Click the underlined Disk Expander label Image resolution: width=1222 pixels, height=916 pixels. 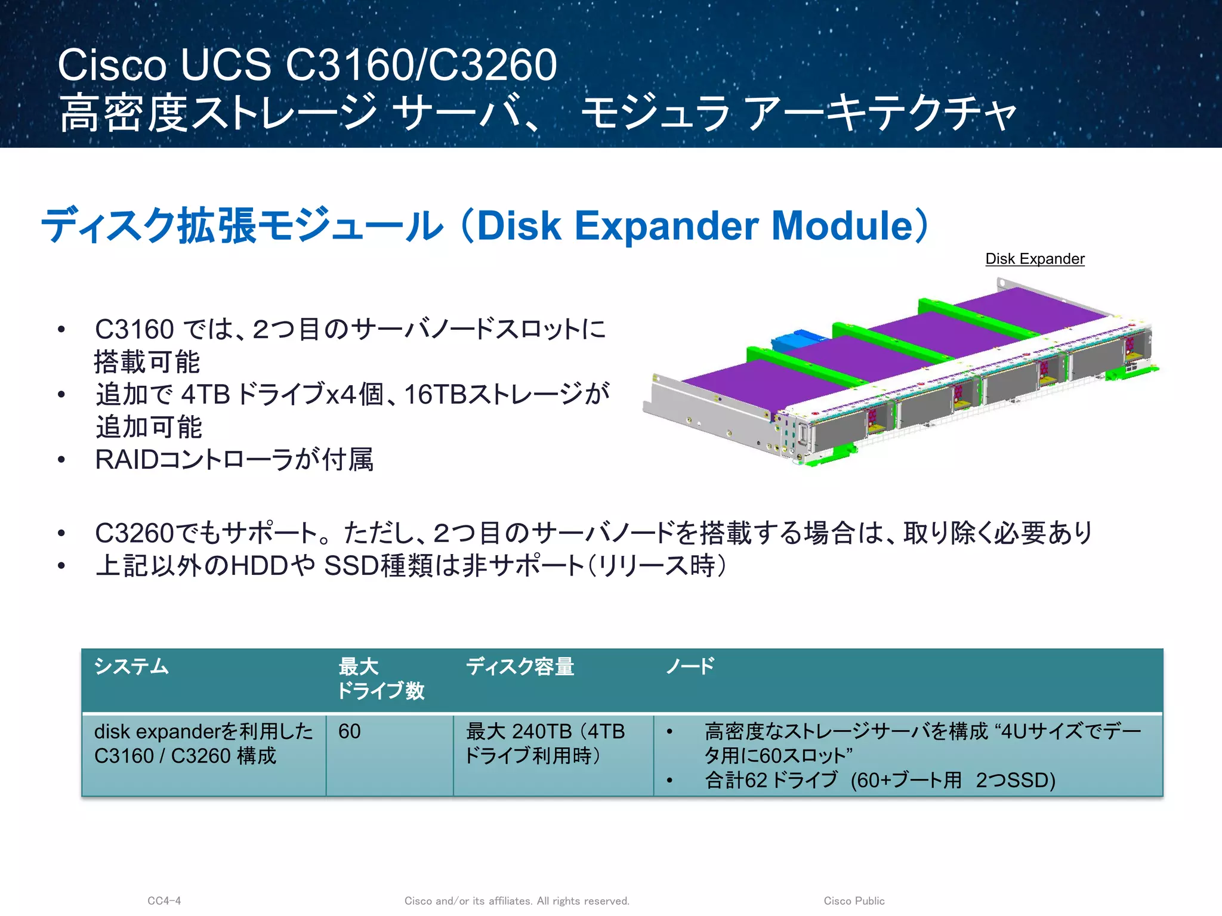pos(1035,259)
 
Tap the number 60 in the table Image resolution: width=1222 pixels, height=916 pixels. pos(349,731)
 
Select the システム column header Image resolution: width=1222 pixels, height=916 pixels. pos(131,666)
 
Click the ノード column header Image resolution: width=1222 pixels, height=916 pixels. pos(690,666)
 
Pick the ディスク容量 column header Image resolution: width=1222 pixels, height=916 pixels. pos(520,666)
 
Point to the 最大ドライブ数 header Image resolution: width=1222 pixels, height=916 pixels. pos(381,679)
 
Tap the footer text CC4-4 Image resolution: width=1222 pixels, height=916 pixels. pos(164,900)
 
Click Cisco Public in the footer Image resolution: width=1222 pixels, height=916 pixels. pos(854,900)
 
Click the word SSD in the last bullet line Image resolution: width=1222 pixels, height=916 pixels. pos(351,565)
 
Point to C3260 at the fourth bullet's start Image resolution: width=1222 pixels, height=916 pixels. pos(134,533)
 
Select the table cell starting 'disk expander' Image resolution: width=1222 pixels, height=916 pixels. pos(203,743)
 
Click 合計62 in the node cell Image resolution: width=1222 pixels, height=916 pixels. pos(735,780)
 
